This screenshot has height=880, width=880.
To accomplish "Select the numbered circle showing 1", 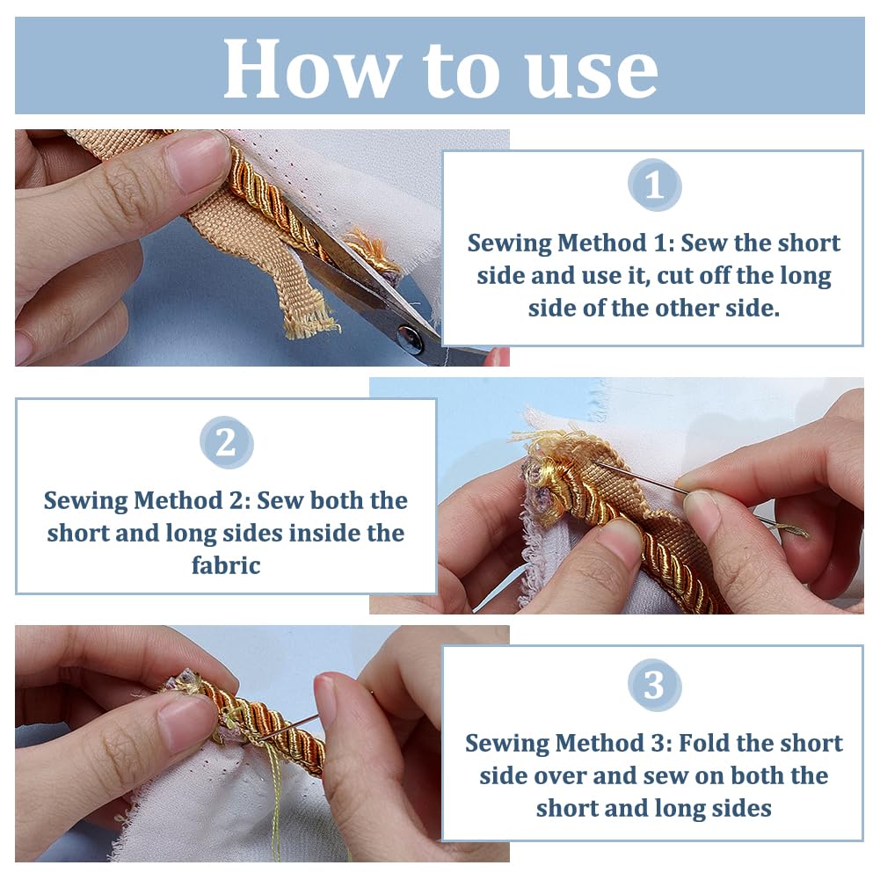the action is (654, 185).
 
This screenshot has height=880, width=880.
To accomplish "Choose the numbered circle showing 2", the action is (226, 442).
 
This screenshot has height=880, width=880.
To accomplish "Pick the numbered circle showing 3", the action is (654, 685).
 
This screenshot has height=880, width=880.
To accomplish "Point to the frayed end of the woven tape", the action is (310, 324).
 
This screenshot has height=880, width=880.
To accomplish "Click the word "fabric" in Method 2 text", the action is (226, 565).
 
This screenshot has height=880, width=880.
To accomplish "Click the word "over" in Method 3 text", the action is (559, 776).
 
